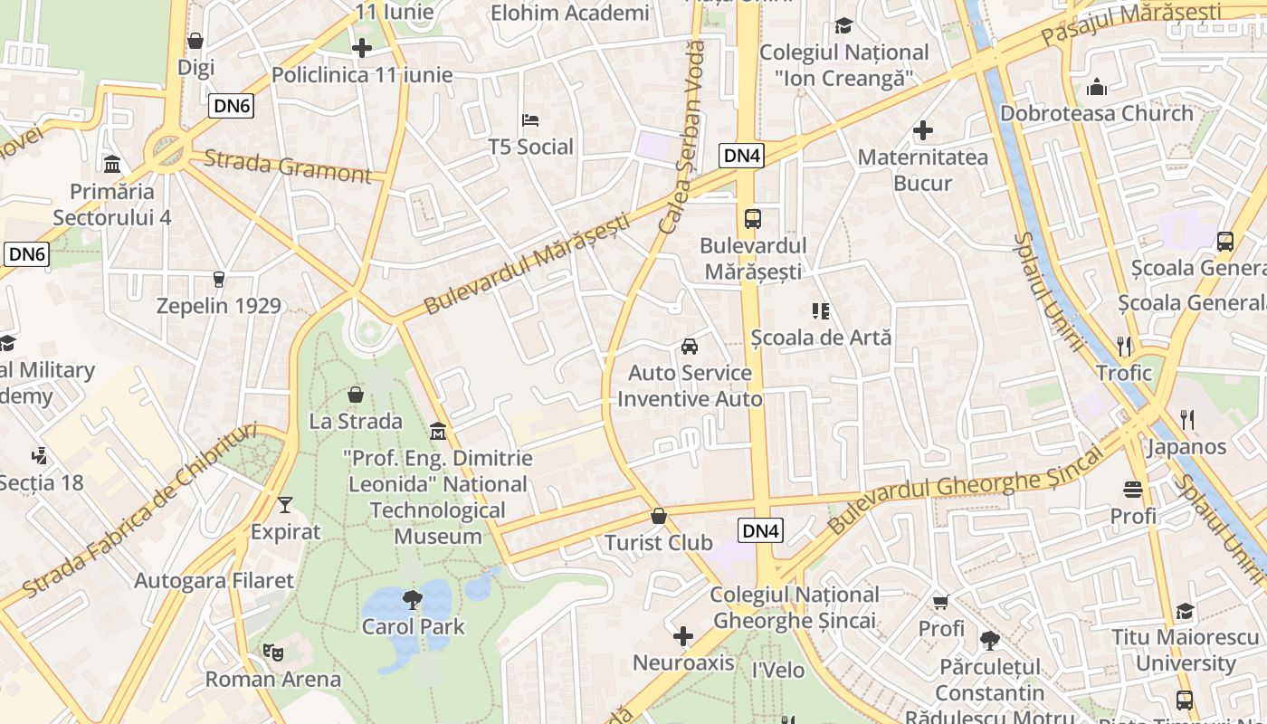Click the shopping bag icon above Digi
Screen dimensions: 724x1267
click(x=195, y=41)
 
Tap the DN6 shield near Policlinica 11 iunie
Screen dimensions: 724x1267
click(x=232, y=106)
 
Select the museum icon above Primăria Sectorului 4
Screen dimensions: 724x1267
click(x=113, y=165)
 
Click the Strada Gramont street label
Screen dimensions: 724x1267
click(x=287, y=167)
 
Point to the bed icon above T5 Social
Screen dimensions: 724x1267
click(x=531, y=120)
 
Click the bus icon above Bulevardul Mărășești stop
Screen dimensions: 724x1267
click(x=753, y=218)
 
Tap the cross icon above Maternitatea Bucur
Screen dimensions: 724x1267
click(x=923, y=131)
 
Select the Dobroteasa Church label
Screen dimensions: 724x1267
click(x=1097, y=113)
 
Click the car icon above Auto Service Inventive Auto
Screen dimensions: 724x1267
click(x=690, y=347)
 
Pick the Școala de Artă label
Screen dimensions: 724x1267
click(x=821, y=338)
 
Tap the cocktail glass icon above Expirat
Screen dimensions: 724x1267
click(x=286, y=505)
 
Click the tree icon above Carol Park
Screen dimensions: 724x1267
click(x=413, y=599)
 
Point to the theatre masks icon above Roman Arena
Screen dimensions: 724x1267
click(x=272, y=652)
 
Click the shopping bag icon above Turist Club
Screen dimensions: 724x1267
click(x=659, y=517)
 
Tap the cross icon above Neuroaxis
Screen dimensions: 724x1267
click(x=683, y=636)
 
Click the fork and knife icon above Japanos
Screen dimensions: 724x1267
click(x=1187, y=419)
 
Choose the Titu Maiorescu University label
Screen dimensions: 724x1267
click(x=1185, y=650)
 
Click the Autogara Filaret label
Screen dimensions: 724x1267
click(x=214, y=581)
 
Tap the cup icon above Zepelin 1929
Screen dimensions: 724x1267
click(x=218, y=280)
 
